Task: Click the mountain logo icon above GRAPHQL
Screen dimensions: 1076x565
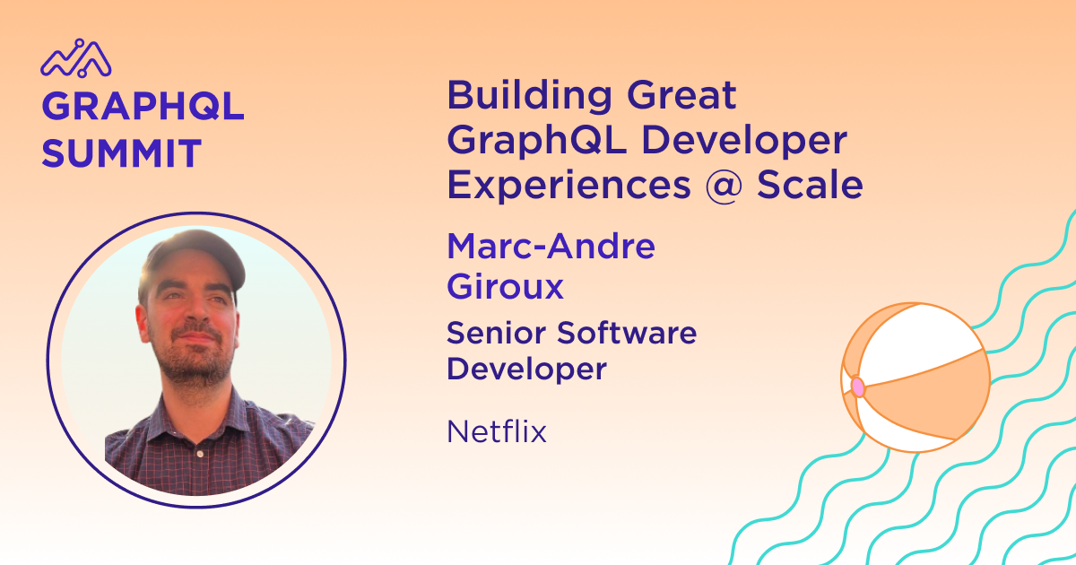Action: [76, 58]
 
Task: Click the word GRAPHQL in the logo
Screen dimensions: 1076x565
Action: [143, 106]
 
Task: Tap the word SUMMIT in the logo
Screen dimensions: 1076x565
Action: [121, 153]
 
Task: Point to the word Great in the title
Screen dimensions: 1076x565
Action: [681, 95]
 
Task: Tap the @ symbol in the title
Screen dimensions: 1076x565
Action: [724, 187]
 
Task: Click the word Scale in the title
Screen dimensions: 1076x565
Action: [810, 185]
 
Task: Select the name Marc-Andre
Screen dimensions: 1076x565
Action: [551, 246]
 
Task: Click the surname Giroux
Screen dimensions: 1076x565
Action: [505, 286]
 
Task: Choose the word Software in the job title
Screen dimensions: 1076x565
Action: [627, 333]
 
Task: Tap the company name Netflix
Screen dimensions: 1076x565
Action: [497, 431]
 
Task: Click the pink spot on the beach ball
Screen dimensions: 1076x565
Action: [858, 387]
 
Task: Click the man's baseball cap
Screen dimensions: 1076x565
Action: [195, 257]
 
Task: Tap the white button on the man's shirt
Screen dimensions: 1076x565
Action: [200, 454]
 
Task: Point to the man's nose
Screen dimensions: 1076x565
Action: [196, 315]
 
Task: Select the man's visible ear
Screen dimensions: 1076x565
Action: [143, 325]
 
